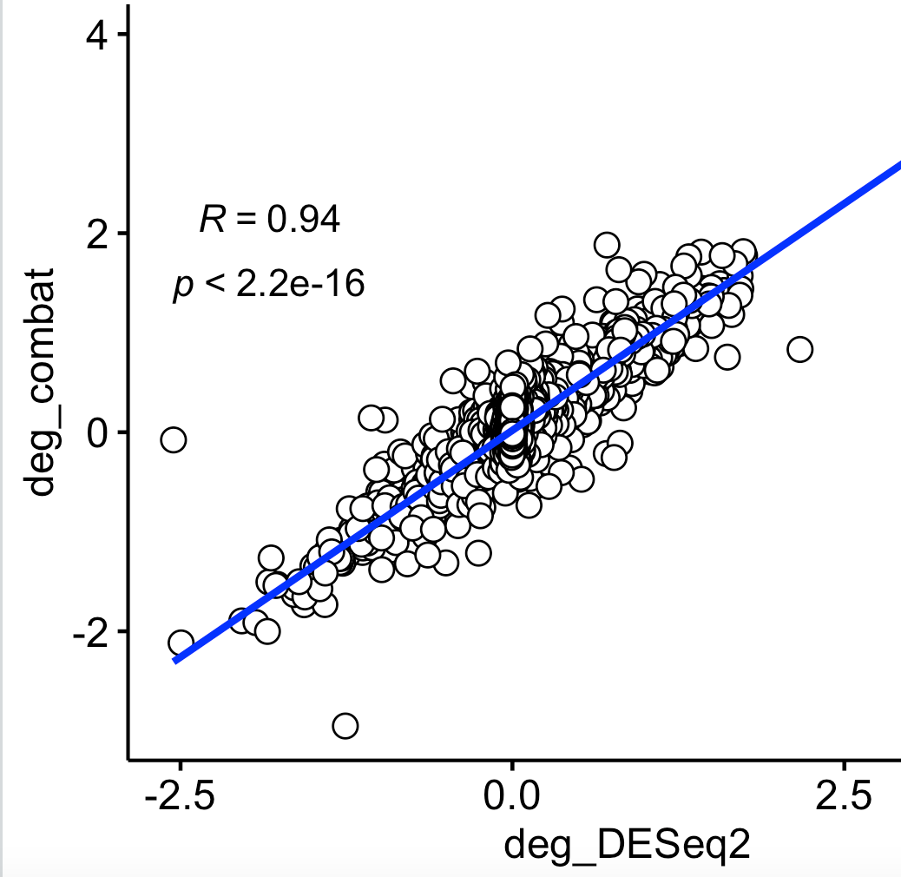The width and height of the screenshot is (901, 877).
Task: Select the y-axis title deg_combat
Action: point(41,382)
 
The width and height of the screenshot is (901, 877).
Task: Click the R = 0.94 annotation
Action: point(269,220)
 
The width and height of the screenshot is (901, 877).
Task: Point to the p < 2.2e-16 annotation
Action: point(268,284)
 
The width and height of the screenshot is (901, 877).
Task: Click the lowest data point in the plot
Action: point(345,725)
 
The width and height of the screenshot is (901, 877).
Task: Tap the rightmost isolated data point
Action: point(799,349)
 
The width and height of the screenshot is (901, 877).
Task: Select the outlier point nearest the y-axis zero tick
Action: point(174,439)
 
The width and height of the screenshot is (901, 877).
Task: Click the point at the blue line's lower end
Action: point(181,643)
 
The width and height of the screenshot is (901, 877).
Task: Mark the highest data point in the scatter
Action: point(607,244)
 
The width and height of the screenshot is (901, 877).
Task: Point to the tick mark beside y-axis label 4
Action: point(123,35)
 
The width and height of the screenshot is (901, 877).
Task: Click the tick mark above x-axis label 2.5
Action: point(844,767)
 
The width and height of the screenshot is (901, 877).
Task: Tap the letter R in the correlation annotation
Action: point(210,220)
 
